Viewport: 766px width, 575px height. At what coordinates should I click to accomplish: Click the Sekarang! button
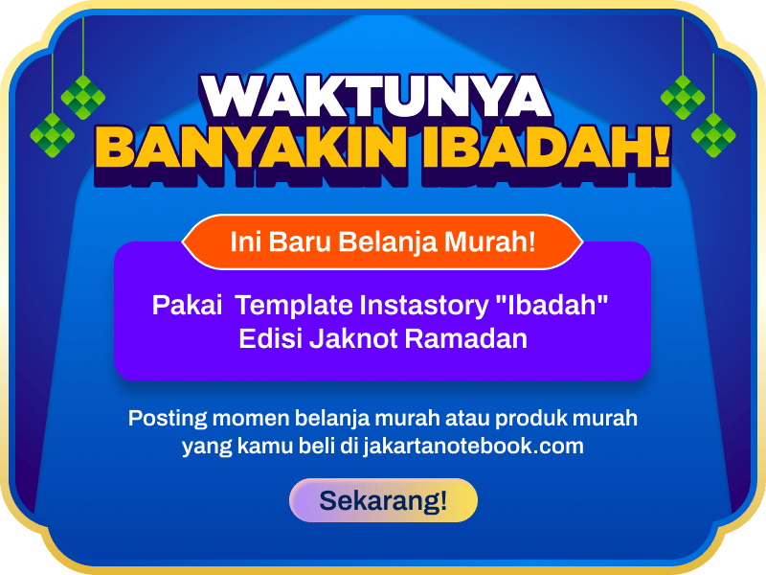tap(383, 500)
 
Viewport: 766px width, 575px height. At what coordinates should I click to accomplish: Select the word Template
tap(294, 307)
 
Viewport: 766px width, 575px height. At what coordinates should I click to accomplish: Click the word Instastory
tap(420, 307)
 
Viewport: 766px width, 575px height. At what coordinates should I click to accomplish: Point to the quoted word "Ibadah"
tap(548, 307)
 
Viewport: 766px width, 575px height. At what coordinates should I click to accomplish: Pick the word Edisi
tap(270, 339)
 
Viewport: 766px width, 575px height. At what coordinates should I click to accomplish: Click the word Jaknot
tap(354, 339)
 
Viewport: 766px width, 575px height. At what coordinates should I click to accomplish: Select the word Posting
tap(165, 420)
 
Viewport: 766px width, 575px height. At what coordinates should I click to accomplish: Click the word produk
tap(523, 420)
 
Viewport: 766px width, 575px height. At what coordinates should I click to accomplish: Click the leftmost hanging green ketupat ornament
tap(52, 134)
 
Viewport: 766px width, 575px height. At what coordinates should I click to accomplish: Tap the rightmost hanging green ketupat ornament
tap(714, 134)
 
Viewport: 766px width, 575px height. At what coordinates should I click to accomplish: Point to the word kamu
tap(251, 447)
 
